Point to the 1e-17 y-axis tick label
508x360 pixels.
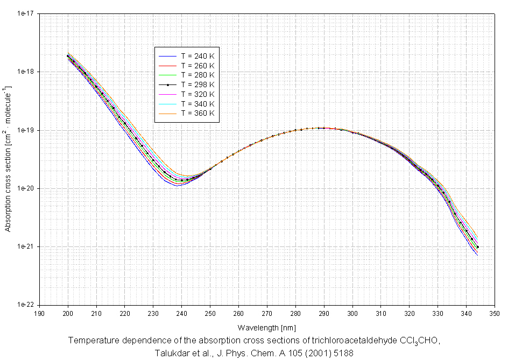[x=25, y=14]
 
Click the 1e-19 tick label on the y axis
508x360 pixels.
[x=25, y=130]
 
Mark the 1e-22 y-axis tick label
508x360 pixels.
[x=25, y=305]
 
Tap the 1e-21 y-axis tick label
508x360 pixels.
[x=25, y=246]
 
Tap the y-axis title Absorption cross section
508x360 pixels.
[x=8, y=159]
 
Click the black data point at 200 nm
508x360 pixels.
[x=68, y=56]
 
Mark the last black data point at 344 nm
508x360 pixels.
[x=477, y=247]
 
